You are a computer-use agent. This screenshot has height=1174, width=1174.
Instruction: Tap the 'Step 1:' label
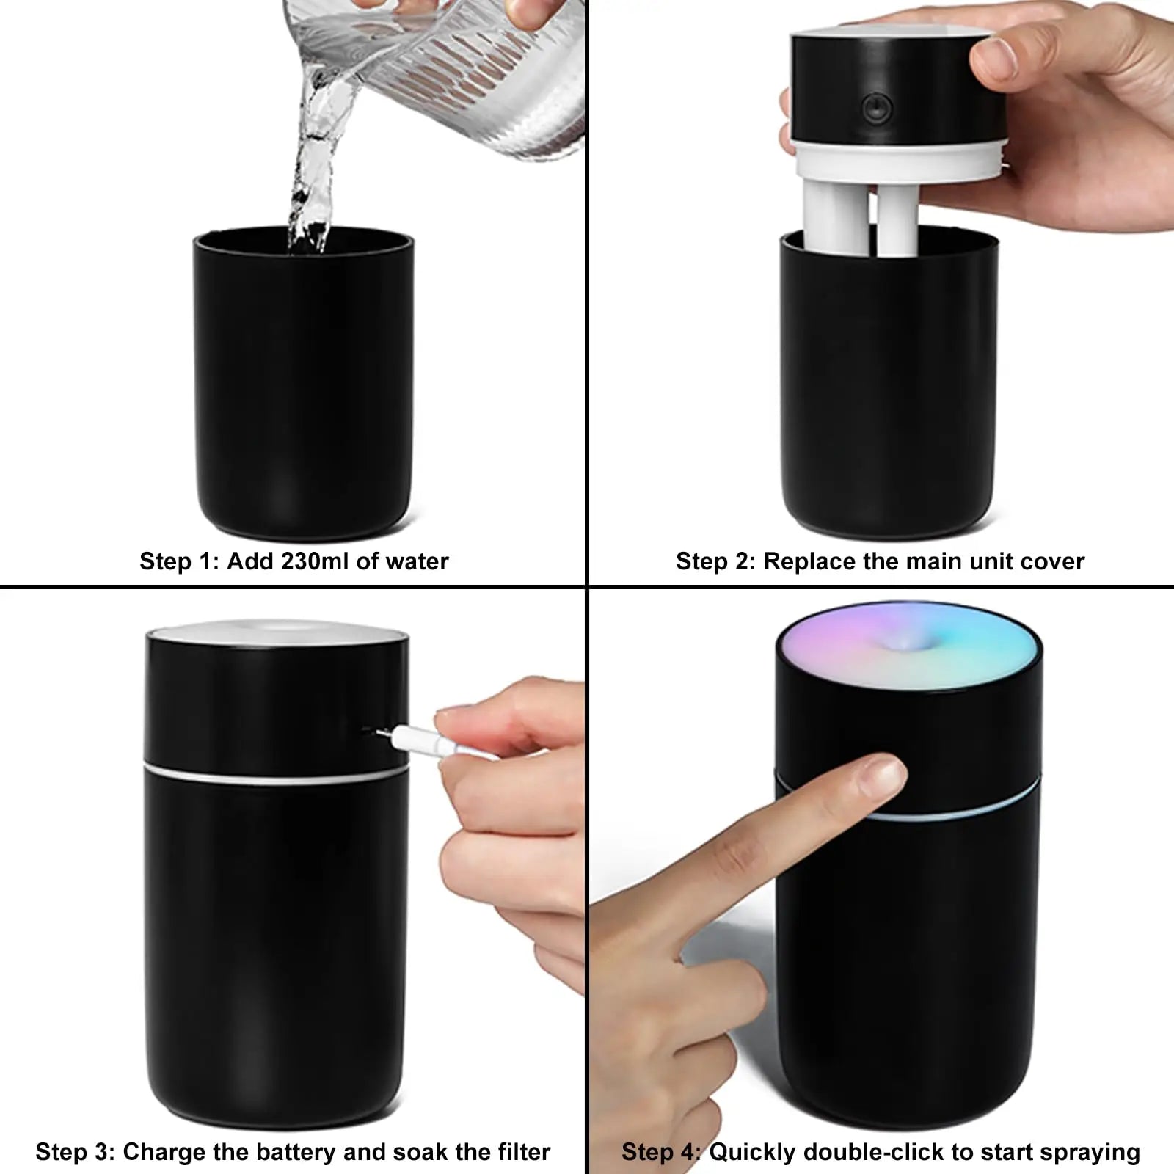pyautogui.click(x=179, y=561)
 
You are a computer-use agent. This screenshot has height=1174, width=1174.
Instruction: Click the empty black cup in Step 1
pyautogui.click(x=303, y=389)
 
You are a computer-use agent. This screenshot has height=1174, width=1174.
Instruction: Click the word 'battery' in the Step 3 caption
pyautogui.click(x=293, y=1152)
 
